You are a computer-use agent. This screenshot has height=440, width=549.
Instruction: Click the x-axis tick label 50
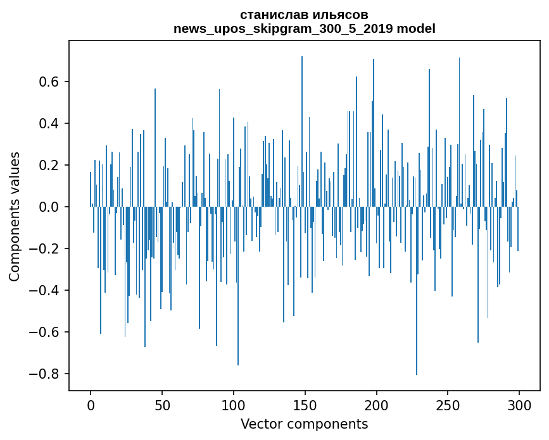(162, 405)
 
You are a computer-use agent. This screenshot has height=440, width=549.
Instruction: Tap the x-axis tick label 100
(234, 405)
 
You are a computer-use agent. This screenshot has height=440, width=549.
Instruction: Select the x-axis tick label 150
(305, 405)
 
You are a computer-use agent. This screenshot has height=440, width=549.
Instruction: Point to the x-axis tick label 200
(377, 405)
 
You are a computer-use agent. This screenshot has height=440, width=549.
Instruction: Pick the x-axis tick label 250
(448, 405)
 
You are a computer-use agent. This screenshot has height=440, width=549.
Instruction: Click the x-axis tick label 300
(519, 405)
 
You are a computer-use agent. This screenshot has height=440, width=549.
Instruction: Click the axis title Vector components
(304, 424)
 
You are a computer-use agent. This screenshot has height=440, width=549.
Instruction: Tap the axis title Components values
(15, 216)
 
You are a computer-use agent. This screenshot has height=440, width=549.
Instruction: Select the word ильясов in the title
(340, 15)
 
